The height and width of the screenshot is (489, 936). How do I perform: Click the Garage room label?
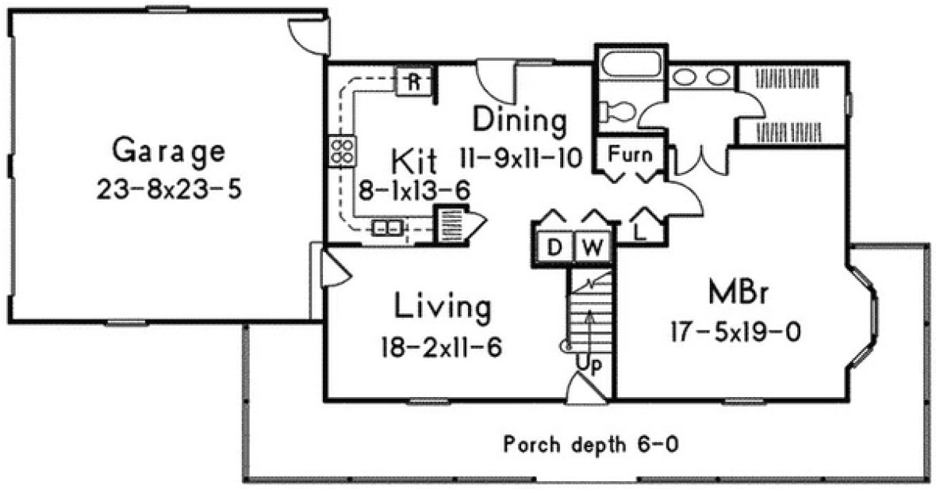[168, 150]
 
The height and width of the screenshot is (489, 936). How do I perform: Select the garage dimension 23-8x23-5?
[168, 191]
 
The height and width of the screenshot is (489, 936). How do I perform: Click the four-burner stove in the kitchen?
[343, 151]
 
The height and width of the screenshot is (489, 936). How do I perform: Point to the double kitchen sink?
[388, 228]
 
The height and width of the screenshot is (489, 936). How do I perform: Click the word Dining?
[520, 121]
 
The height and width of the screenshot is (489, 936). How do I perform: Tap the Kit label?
[414, 162]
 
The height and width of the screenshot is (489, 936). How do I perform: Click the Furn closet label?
[631, 154]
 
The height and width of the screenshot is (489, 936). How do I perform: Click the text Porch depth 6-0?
[591, 445]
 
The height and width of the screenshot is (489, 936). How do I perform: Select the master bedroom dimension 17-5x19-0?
[733, 332]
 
